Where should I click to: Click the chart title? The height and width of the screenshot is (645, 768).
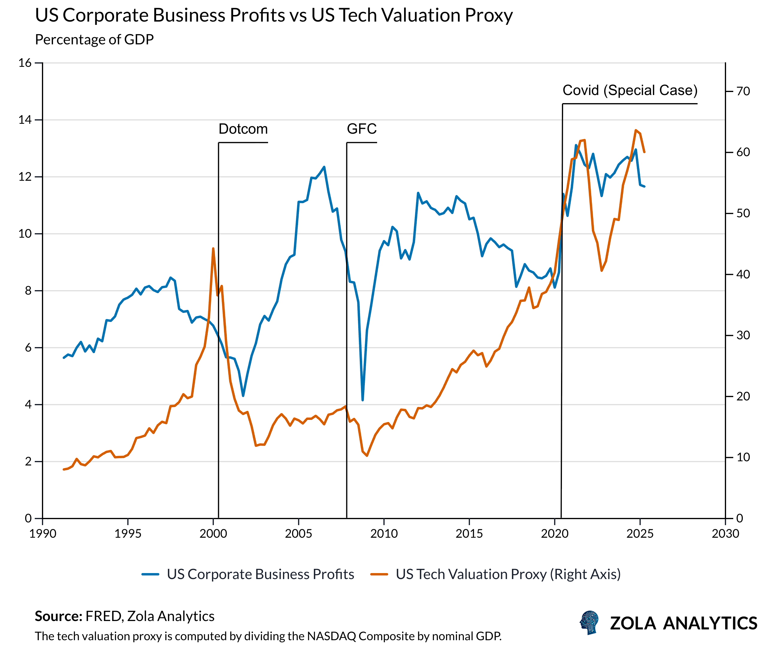[x=273, y=15]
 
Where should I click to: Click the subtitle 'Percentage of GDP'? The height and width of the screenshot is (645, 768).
[x=94, y=40]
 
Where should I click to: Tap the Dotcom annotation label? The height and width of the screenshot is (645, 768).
[x=243, y=129]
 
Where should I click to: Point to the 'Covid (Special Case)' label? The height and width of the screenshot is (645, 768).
[x=630, y=90]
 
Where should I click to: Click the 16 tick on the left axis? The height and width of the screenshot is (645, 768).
[x=25, y=63]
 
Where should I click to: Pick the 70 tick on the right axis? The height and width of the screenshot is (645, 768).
[x=743, y=91]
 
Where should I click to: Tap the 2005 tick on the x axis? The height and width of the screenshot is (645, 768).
[x=298, y=534]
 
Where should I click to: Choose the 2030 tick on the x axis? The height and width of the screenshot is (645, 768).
[x=725, y=534]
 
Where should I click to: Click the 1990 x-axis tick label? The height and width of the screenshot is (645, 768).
[x=43, y=534]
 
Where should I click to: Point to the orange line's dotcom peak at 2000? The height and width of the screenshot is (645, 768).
[x=213, y=248]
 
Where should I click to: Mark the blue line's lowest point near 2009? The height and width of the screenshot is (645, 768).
[x=362, y=400]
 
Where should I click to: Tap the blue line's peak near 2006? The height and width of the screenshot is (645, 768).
[x=324, y=167]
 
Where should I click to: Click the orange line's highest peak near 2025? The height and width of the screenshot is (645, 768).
[x=636, y=130]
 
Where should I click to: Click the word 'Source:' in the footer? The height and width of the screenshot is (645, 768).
[x=58, y=617]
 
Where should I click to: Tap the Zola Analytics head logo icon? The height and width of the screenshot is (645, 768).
[x=589, y=622]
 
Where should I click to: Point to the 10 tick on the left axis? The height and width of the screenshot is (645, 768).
[x=25, y=234]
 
